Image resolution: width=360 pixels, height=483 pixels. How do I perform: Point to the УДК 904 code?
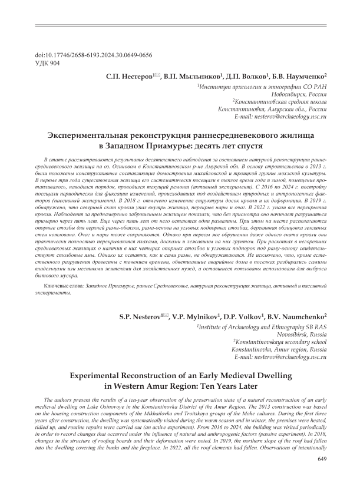(48, 63)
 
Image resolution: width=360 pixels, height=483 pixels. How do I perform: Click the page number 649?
(322, 459)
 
